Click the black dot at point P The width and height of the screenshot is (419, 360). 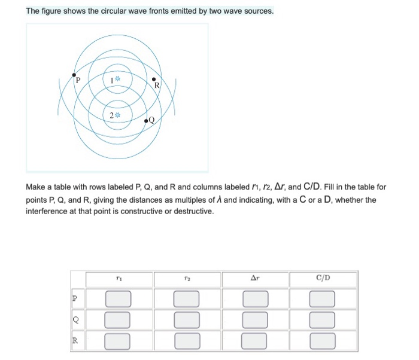click(74, 75)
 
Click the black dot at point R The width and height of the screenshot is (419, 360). click(154, 80)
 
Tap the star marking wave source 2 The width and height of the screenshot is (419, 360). click(118, 115)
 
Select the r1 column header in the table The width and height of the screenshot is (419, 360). click(119, 278)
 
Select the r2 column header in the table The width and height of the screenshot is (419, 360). click(187, 278)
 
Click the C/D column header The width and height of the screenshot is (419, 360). click(323, 278)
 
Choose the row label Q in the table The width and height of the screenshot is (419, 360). click(75, 319)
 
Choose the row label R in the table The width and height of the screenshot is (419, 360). click(75, 341)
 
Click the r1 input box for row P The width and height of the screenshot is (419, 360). click(119, 298)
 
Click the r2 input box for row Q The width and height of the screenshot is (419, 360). click(187, 319)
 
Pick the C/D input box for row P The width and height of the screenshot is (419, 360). click(323, 298)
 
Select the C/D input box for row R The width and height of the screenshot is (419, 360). click(323, 341)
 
